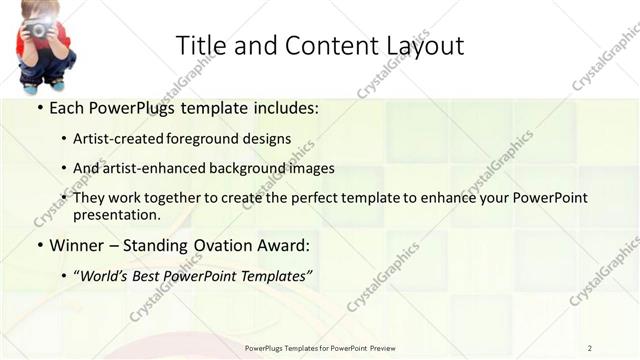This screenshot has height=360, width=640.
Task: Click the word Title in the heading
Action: pyautogui.click(x=199, y=45)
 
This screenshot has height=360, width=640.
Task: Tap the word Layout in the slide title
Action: pyautogui.click(x=423, y=46)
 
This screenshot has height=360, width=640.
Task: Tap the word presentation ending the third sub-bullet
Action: pyautogui.click(x=115, y=215)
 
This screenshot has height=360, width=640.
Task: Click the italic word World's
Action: pyautogui.click(x=103, y=274)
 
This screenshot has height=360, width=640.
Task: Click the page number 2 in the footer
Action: pyautogui.click(x=590, y=347)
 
